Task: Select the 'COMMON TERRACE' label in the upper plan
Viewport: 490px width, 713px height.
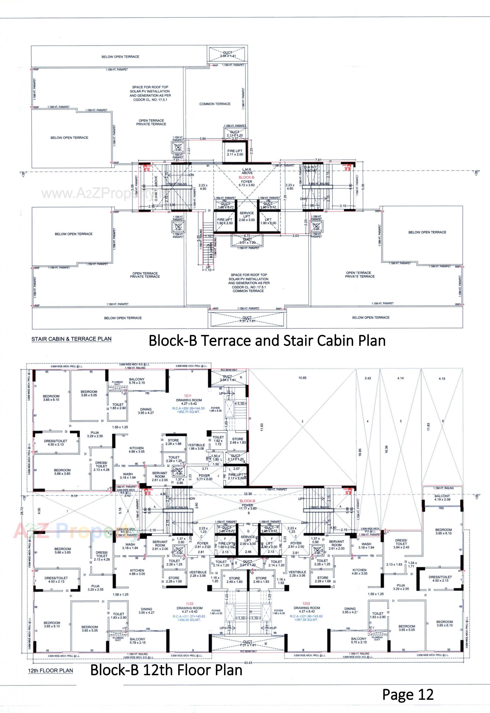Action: (215, 104)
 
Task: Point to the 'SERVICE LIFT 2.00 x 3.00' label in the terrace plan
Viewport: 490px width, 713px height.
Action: (247, 216)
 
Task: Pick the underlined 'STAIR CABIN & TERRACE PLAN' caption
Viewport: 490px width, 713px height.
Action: (71, 339)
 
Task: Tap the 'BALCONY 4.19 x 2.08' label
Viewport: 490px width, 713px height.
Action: (442, 498)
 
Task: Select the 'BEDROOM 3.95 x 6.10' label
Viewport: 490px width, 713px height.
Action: (443, 532)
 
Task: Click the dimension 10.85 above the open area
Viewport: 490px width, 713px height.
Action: (302, 378)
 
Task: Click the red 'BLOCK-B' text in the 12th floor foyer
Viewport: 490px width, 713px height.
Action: (247, 501)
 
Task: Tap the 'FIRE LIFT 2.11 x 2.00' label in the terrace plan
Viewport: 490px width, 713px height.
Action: (235, 153)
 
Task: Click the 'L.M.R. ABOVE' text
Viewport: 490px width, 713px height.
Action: (247, 171)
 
